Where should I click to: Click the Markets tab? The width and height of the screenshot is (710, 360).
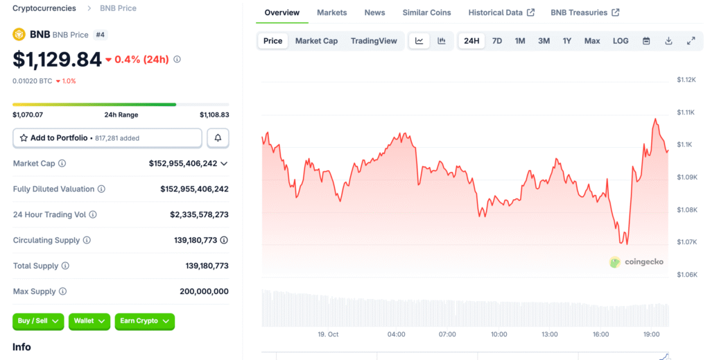tap(331, 12)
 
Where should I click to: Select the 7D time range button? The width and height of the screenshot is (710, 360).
tap(497, 41)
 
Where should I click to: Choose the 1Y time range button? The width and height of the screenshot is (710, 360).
tap(567, 41)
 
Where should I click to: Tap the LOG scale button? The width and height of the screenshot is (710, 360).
tap(621, 41)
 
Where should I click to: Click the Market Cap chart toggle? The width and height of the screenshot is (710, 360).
tap(316, 41)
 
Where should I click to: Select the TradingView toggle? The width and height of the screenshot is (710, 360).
tap(374, 41)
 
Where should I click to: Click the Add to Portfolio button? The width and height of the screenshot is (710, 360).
tap(107, 138)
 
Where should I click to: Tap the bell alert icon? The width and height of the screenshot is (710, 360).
tap(218, 138)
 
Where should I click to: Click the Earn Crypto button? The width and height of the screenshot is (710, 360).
tap(144, 321)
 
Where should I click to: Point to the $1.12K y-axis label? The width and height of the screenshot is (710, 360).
tap(686, 80)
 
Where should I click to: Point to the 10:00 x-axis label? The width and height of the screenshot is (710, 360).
tap(499, 334)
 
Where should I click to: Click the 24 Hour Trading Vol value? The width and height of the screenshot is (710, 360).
tap(199, 215)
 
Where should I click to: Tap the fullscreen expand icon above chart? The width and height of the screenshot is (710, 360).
tap(691, 41)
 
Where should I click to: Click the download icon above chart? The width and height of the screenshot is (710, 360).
tap(668, 41)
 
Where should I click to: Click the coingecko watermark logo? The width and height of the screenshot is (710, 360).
tap(637, 262)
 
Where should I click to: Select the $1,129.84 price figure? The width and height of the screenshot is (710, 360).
tap(58, 60)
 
